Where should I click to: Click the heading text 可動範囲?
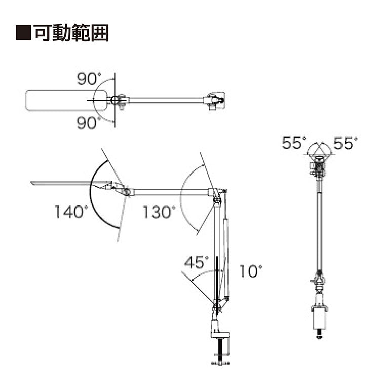pyautogui.click(x=71, y=32)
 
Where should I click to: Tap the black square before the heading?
pyautogui.click(x=23, y=32)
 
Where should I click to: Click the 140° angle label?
pyautogui.click(x=71, y=212)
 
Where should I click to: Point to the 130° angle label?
pyautogui.click(x=159, y=212)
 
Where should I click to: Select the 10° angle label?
pyautogui.click(x=251, y=271)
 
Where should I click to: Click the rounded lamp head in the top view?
pyautogui.click(x=66, y=100)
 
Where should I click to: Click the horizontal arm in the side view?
pyautogui.click(x=171, y=192)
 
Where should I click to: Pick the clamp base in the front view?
pyautogui.click(x=320, y=317)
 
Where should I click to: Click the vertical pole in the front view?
pyautogui.click(x=320, y=230)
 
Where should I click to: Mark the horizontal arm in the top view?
pyautogui.click(x=166, y=100)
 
